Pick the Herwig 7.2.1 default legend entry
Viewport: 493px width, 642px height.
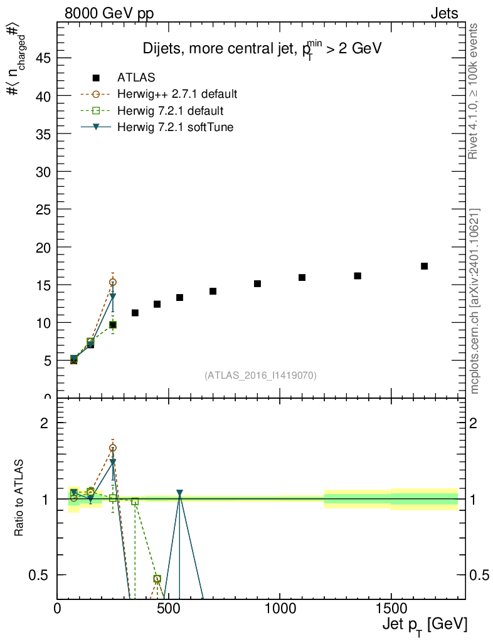coord(170,111)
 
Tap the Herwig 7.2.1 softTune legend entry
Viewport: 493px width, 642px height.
coord(175,127)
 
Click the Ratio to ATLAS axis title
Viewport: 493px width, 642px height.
coord(19,498)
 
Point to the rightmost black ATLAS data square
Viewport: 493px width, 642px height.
coord(424,266)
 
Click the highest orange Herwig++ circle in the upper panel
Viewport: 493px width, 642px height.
coord(113,282)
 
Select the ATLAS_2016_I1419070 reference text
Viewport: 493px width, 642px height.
coord(260,376)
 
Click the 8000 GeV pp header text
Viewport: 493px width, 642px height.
coord(109,13)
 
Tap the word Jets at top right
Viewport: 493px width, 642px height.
coord(443,13)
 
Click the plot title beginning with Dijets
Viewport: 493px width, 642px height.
coord(262,48)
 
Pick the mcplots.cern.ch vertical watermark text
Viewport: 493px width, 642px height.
coord(475,301)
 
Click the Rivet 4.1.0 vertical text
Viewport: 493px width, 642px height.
coord(475,91)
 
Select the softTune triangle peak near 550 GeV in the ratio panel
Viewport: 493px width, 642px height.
coord(179,493)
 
